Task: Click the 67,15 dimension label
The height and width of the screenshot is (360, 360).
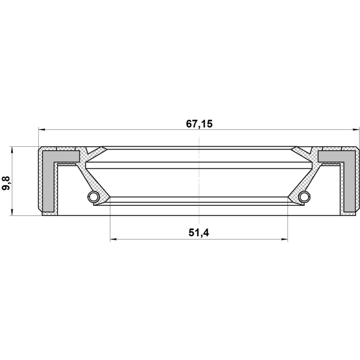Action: pyautogui.click(x=199, y=124)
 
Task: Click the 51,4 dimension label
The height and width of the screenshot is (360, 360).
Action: pyautogui.click(x=199, y=233)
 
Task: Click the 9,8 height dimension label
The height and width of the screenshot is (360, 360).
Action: pyautogui.click(x=6, y=183)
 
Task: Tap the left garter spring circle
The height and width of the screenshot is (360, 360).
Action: pyautogui.click(x=93, y=196)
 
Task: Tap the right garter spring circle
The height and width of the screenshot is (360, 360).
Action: pyautogui.click(x=304, y=196)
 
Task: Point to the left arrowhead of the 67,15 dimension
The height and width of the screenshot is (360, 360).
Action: pyautogui.click(x=42, y=130)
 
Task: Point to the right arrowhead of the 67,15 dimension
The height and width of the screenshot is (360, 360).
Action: pyautogui.click(x=356, y=130)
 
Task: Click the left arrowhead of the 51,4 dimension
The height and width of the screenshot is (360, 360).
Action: pyautogui.click(x=114, y=240)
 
